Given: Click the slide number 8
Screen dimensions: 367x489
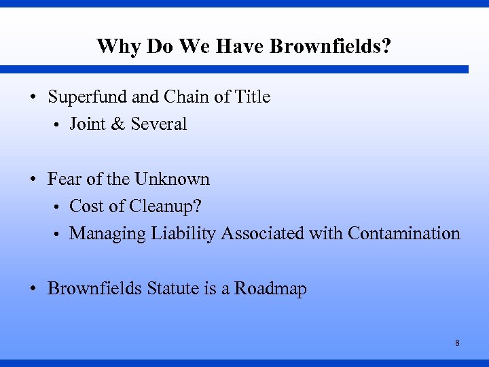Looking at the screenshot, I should tap(457, 343).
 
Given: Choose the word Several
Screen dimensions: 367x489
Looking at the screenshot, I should tap(159, 124).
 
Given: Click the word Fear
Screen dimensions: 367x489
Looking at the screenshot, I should tap(65, 179).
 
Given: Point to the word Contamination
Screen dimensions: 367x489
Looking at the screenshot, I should tap(403, 234).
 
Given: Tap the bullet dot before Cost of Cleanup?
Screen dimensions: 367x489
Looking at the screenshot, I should tap(59, 207).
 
